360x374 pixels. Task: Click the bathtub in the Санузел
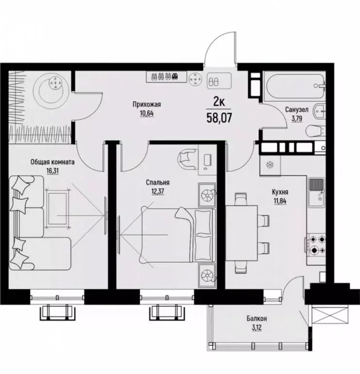[294, 87]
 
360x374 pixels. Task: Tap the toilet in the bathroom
[315, 131]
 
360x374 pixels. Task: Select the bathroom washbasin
[320, 111]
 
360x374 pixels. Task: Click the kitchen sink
[316, 192]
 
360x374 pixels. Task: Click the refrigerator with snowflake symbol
[270, 165]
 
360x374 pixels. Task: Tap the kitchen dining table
[242, 233]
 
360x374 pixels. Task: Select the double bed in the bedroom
[178, 235]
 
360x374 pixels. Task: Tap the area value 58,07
[219, 118]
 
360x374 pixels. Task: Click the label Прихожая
[147, 105]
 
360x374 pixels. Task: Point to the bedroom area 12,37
[158, 191]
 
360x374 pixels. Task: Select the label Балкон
[256, 318]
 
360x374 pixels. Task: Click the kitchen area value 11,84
[280, 201]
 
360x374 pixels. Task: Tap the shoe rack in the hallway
[166, 76]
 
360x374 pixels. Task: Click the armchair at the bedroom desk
[188, 159]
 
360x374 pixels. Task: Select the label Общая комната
[53, 162]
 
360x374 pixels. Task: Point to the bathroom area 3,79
[297, 118]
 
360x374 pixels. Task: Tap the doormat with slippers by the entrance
[219, 80]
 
